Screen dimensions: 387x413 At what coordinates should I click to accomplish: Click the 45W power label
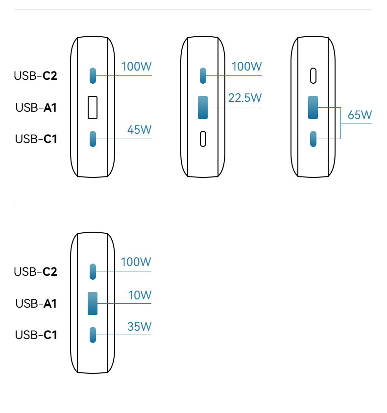click(x=140, y=130)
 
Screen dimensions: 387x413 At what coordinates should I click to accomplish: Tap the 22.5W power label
click(x=245, y=98)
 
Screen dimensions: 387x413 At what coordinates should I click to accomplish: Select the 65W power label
click(x=360, y=115)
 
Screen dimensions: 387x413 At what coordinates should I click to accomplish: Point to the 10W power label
click(x=140, y=295)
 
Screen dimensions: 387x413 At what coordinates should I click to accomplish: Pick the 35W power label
click(x=140, y=326)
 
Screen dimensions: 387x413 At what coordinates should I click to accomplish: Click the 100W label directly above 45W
click(x=137, y=67)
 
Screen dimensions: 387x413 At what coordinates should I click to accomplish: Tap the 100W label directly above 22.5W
click(x=247, y=67)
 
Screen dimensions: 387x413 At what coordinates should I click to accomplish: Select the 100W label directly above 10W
click(x=136, y=262)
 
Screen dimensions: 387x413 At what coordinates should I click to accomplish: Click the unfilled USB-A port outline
click(x=93, y=108)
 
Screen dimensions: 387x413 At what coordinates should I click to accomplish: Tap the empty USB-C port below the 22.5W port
click(x=203, y=139)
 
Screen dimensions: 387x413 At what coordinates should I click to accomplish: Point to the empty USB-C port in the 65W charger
click(x=313, y=75)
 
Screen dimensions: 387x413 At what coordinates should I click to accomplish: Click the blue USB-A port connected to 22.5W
click(x=203, y=108)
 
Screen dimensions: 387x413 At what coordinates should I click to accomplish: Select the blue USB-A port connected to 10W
click(x=93, y=303)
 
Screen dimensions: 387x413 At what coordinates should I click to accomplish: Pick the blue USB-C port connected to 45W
click(x=93, y=139)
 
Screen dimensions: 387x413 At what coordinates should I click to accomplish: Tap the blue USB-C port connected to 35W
click(x=93, y=335)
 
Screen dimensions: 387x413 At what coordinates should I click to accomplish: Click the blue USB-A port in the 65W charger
click(x=313, y=107)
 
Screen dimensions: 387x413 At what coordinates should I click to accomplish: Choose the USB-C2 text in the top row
click(x=36, y=76)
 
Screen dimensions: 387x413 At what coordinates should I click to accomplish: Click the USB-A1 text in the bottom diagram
click(x=36, y=304)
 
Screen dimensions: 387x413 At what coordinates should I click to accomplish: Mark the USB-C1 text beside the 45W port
click(x=36, y=139)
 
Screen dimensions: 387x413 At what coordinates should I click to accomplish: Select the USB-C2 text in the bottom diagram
click(x=36, y=271)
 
